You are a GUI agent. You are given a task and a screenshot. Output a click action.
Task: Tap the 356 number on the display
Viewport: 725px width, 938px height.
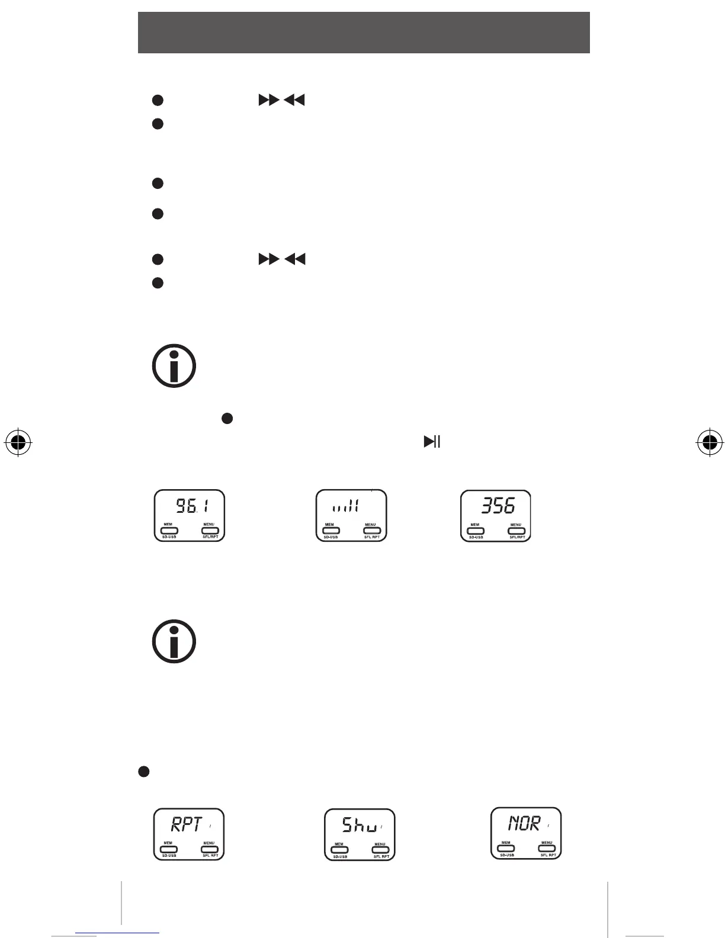(x=498, y=506)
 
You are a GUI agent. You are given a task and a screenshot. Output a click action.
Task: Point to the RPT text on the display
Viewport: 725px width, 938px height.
(x=187, y=824)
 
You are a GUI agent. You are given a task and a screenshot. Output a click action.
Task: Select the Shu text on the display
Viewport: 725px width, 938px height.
(x=359, y=825)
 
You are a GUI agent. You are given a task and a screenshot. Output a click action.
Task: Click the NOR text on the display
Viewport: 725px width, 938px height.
(x=524, y=823)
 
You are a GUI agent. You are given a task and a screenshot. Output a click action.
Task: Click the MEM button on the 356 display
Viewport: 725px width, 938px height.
(x=475, y=531)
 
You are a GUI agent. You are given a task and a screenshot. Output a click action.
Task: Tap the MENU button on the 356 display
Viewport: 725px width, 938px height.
(x=517, y=531)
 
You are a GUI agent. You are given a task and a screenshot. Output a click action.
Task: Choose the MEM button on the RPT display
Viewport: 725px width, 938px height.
(x=168, y=849)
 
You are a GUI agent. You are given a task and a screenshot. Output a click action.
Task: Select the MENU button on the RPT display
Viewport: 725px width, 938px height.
(x=210, y=849)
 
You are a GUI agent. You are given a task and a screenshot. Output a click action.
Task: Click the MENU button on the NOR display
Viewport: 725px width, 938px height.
(x=547, y=849)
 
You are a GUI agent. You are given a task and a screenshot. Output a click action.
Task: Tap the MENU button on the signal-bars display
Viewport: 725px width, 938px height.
(x=371, y=531)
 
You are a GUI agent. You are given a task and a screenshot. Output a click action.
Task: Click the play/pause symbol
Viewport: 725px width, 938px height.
(x=432, y=442)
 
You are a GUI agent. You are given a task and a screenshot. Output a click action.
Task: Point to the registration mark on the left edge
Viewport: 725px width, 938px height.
(x=18, y=442)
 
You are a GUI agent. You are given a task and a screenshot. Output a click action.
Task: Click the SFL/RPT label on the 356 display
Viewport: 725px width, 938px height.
(x=517, y=538)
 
